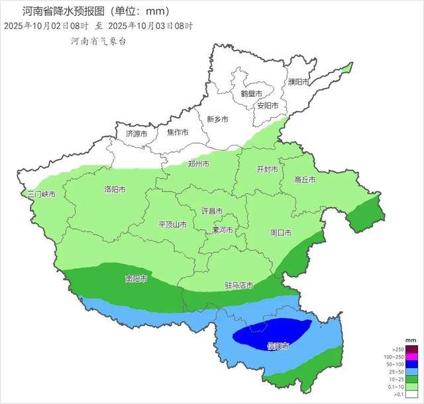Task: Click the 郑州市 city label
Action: [x=199, y=164]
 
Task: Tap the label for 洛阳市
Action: [x=115, y=190]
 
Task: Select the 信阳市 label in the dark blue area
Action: [x=278, y=346]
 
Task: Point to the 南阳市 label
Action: [x=136, y=278]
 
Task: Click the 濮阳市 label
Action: [x=299, y=82]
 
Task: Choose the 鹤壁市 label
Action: [x=251, y=94]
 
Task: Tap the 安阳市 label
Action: [x=268, y=106]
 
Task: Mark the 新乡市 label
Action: [x=217, y=120]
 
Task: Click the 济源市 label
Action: [x=137, y=134]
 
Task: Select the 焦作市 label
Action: [x=178, y=133]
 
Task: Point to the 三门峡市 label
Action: [x=41, y=195]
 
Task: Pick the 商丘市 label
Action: [x=305, y=180]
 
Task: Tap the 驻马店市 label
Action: [x=239, y=286]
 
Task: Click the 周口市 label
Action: [x=281, y=233]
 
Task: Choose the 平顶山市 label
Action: [x=172, y=225]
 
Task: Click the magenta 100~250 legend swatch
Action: [x=411, y=357]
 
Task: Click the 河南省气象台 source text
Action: [x=98, y=41]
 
